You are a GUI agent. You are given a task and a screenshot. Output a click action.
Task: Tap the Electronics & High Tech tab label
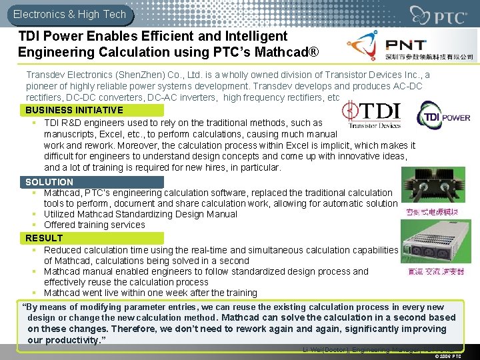click(69, 13)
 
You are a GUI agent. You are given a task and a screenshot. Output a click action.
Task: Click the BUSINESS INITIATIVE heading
click(74, 110)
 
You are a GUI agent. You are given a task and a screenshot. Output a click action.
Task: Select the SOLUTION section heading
click(49, 182)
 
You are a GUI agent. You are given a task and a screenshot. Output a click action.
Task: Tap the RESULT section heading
click(44, 238)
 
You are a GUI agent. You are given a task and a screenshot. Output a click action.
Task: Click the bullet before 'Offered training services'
click(33, 225)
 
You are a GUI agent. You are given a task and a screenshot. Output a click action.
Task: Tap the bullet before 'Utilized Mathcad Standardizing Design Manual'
click(33, 214)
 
